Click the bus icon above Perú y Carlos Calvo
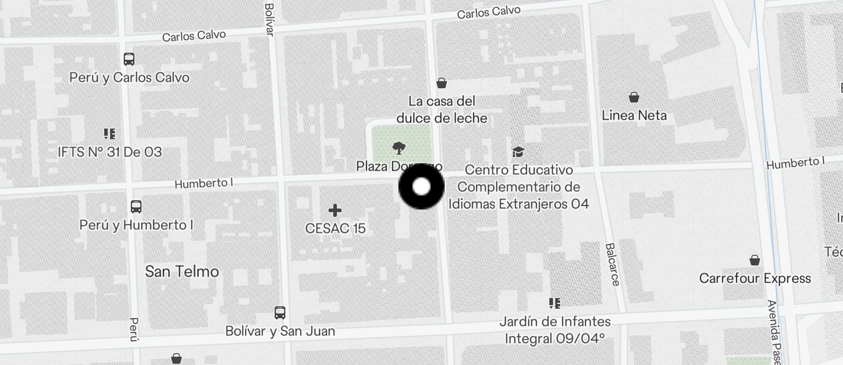[x=129, y=59]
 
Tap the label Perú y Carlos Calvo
[x=129, y=78]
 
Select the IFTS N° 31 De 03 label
[x=110, y=152]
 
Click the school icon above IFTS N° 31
[x=109, y=134]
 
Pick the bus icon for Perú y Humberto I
[x=136, y=207]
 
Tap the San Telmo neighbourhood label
[x=182, y=271]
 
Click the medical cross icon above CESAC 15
[x=335, y=210]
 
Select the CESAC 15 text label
[x=335, y=228]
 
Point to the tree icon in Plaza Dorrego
[x=399, y=148]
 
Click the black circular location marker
[x=421, y=187]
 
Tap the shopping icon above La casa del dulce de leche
[x=442, y=83]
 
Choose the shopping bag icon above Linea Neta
[x=634, y=97]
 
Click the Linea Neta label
[x=634, y=116]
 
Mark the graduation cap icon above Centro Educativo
[x=518, y=152]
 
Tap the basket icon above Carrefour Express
[x=755, y=260]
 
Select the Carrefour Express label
[x=755, y=278]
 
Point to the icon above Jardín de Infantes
[x=555, y=303]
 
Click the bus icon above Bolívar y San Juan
[x=280, y=312]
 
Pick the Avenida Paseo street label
[x=774, y=332]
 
